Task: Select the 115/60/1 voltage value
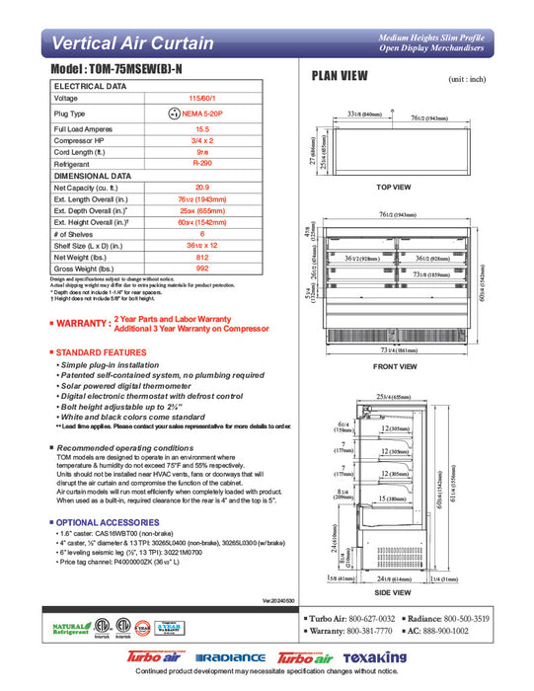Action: coord(202,99)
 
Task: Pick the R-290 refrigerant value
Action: coord(202,163)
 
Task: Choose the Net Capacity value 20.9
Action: coord(202,187)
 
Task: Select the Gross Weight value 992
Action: coord(202,269)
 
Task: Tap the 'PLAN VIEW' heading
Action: coord(340,75)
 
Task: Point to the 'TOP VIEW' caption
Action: coord(394,187)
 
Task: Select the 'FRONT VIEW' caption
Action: coord(394,367)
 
